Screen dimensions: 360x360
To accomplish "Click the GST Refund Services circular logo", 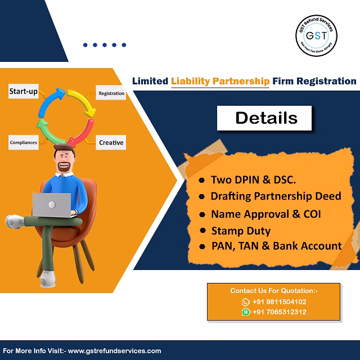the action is [x=316, y=35].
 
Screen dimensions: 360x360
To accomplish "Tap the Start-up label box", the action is [x=24, y=91].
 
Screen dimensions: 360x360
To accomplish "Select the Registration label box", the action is [x=111, y=92].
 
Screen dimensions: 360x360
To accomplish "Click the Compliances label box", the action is [x=24, y=142].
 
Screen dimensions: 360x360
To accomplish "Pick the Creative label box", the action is [x=111, y=142].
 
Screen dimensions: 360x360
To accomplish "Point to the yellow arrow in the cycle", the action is [x=83, y=101].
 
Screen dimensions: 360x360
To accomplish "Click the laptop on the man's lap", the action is [x=52, y=205].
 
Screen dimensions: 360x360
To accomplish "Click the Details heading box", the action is [x=264, y=118].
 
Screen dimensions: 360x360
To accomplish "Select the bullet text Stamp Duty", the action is [x=241, y=231].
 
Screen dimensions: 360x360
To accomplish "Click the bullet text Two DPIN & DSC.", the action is [x=254, y=180].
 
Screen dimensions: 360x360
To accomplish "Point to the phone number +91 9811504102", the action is [x=279, y=301].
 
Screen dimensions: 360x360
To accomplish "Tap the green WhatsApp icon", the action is [x=246, y=312].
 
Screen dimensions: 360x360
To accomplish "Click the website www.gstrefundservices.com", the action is [x=114, y=351].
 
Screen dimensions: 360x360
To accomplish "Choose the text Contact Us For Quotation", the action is [x=272, y=291].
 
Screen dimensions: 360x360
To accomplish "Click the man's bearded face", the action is [x=64, y=160].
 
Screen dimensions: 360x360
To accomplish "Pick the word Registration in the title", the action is [x=326, y=81].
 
